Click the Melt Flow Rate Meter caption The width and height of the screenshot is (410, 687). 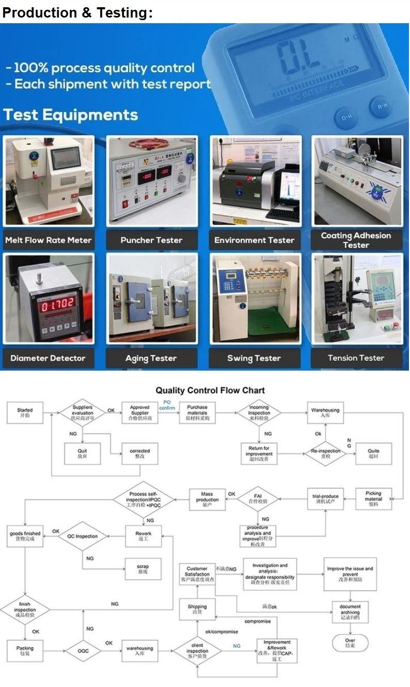48,240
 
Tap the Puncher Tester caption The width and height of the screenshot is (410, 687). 151,240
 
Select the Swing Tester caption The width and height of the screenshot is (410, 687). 254,358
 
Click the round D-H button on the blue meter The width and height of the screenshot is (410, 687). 345,118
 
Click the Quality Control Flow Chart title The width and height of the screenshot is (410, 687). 210,391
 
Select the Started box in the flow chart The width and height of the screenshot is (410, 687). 25,413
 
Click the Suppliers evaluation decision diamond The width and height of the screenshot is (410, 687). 83,413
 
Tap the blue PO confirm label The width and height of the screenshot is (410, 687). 167,405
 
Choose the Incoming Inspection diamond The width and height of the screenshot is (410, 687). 259,413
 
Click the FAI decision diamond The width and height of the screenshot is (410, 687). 259,498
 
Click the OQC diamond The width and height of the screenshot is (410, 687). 83,651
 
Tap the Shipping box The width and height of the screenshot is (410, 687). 197,610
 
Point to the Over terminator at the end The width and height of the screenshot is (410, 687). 350,643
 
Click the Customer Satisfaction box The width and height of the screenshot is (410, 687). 197,574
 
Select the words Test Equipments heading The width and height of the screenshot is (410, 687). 71,115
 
